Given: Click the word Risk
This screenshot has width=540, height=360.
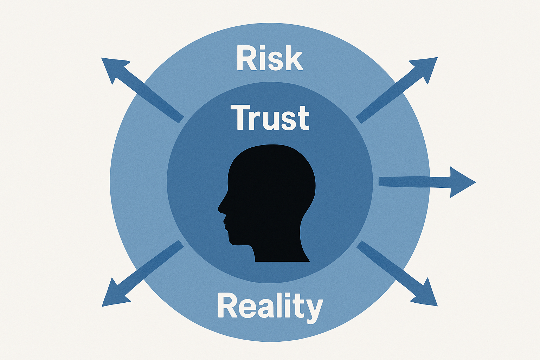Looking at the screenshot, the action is pyautogui.click(x=270, y=59).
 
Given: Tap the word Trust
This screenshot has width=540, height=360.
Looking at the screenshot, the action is pyautogui.click(x=270, y=118).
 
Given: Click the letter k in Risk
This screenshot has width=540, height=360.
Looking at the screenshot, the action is pyautogui.click(x=294, y=59).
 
